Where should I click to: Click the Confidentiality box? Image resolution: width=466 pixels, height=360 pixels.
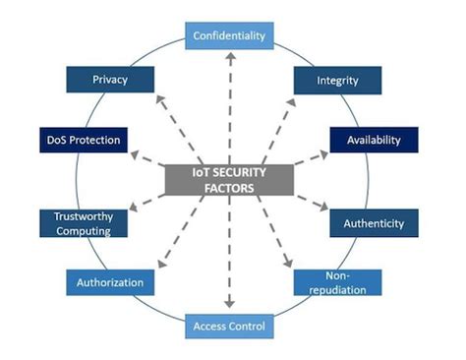click(x=228, y=36)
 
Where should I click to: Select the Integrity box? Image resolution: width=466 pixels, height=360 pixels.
click(x=337, y=79)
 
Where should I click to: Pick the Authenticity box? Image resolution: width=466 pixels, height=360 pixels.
click(x=373, y=222)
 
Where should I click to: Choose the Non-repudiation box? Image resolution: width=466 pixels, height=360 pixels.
click(x=337, y=283)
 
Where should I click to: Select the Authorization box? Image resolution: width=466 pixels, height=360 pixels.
click(x=112, y=282)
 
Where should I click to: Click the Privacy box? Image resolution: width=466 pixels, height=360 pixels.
click(x=111, y=79)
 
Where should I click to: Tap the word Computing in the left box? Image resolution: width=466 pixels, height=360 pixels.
click(x=83, y=231)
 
